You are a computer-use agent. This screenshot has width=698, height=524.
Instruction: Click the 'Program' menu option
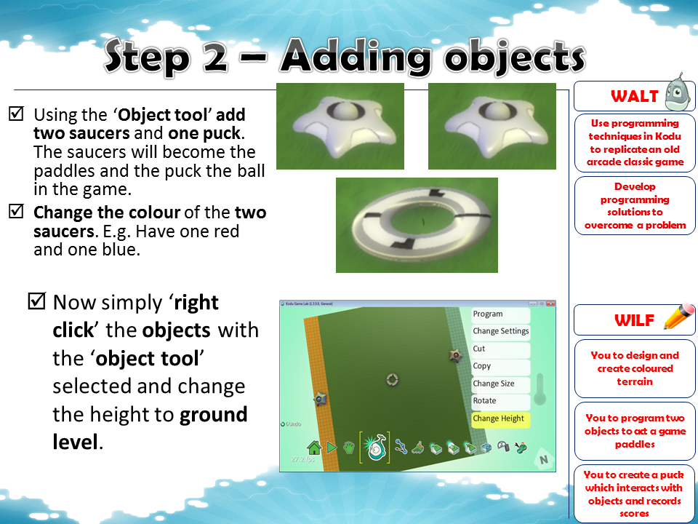point(488,314)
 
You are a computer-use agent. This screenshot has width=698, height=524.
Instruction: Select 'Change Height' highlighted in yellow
point(499,418)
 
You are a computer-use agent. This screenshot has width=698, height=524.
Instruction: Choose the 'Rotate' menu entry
point(485,401)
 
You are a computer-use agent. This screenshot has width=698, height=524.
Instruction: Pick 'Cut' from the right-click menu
point(479,349)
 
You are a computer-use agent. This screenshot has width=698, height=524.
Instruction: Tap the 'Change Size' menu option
point(494,384)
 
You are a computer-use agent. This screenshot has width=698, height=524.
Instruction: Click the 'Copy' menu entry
point(482,366)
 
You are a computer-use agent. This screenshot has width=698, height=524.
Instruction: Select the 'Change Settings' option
point(501,331)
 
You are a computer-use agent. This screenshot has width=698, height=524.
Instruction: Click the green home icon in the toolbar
point(314,447)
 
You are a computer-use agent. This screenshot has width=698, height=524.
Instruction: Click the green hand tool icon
point(349,447)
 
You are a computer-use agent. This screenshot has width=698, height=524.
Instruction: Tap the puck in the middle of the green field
point(392,379)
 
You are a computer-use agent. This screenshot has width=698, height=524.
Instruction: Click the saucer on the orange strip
point(320,399)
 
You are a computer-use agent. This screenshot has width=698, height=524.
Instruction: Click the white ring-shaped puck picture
point(417,225)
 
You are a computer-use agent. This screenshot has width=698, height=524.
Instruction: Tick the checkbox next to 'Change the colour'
point(16,213)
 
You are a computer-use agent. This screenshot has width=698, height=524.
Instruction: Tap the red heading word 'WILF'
point(634,319)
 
